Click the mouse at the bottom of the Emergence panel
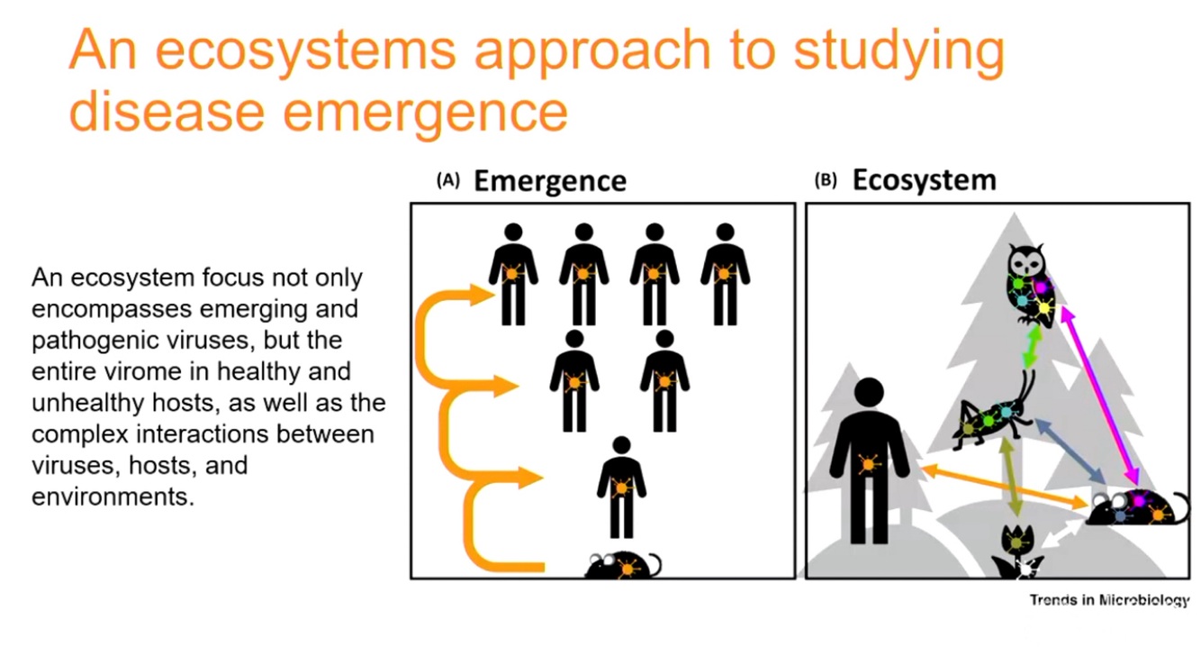(x=623, y=565)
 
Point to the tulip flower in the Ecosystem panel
(x=1016, y=548)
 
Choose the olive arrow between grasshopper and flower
(x=1012, y=477)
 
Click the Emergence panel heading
(x=549, y=180)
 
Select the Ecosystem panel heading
(x=924, y=179)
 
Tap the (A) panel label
(x=447, y=180)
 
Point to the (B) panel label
(x=826, y=179)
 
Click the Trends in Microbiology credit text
(x=1109, y=600)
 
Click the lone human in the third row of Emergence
(x=621, y=487)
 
